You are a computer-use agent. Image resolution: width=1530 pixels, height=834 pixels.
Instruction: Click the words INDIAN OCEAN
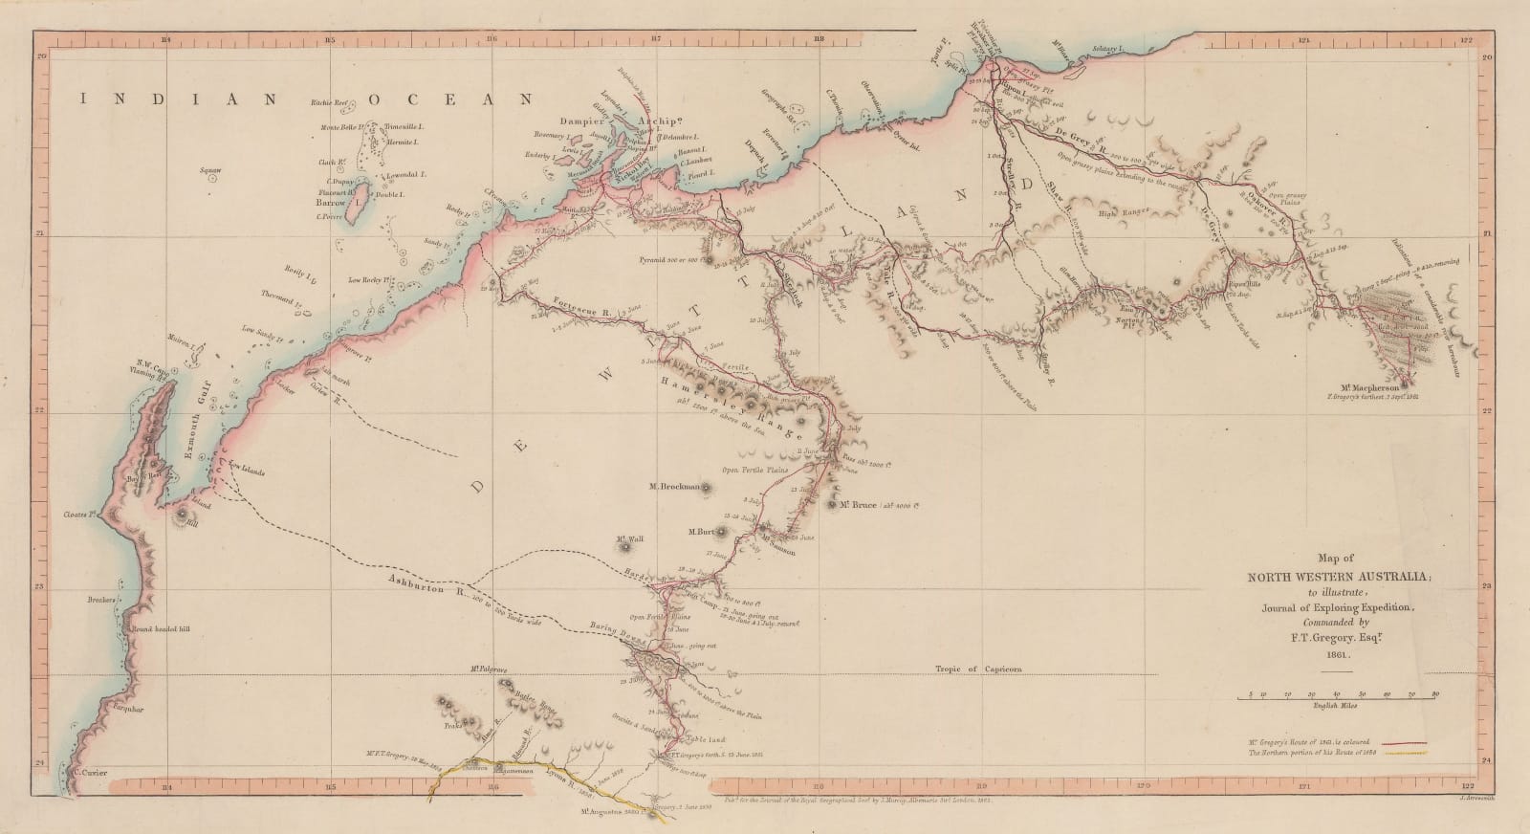click(306, 99)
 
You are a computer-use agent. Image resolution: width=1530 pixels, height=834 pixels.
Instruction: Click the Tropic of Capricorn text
click(973, 670)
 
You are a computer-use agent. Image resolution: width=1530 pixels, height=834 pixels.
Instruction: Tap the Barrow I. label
click(338, 204)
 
